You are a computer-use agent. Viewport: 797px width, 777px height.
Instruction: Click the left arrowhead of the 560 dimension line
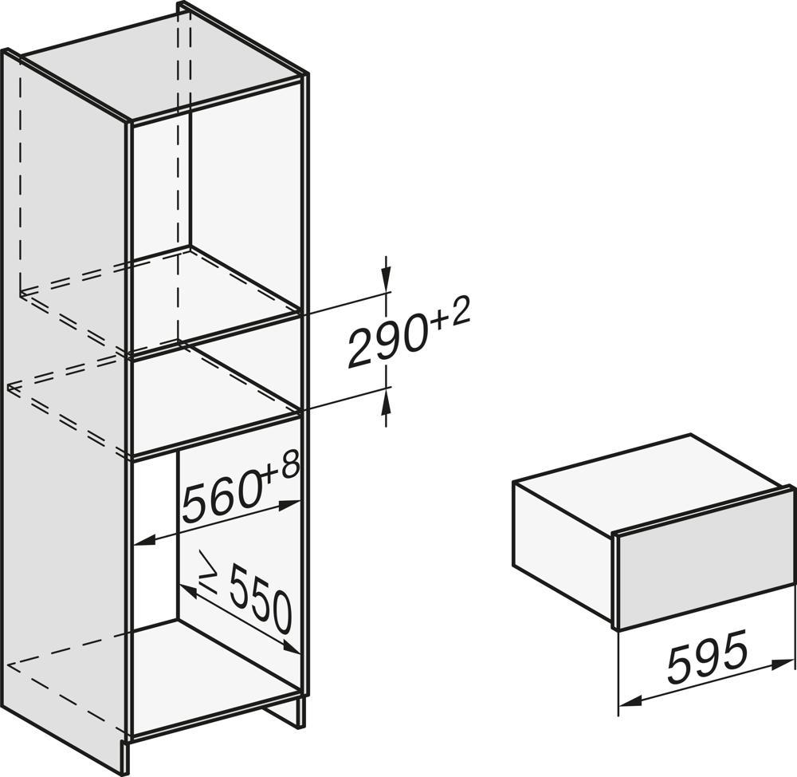[x=145, y=539]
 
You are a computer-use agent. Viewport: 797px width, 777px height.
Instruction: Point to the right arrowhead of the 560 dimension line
[x=290, y=505]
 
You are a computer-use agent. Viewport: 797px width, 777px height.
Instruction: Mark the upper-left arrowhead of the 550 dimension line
[x=189, y=590]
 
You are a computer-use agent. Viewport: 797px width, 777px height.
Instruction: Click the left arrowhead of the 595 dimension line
[x=630, y=702]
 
